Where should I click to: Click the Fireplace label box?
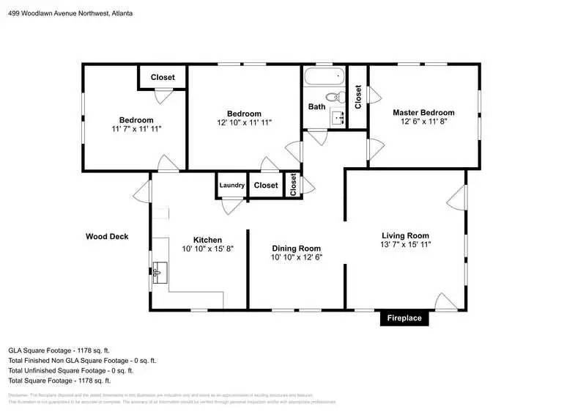point(404,318)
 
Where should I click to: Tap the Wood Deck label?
point(107,236)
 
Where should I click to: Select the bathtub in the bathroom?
point(323,76)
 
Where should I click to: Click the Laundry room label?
point(231,186)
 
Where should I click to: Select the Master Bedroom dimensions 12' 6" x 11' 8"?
point(423,122)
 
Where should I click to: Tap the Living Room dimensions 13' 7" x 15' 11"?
point(405,244)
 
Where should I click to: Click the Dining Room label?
point(296,248)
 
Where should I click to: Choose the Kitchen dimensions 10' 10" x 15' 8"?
point(207,249)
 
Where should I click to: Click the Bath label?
point(316,106)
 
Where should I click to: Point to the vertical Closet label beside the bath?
point(358,97)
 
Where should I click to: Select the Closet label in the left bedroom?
point(163,78)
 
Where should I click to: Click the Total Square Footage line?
point(59,381)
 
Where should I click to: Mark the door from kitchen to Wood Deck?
point(142,195)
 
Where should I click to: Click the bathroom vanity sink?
point(337,117)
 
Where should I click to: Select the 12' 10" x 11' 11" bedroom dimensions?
point(244,122)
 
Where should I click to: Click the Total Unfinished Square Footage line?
point(70,370)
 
